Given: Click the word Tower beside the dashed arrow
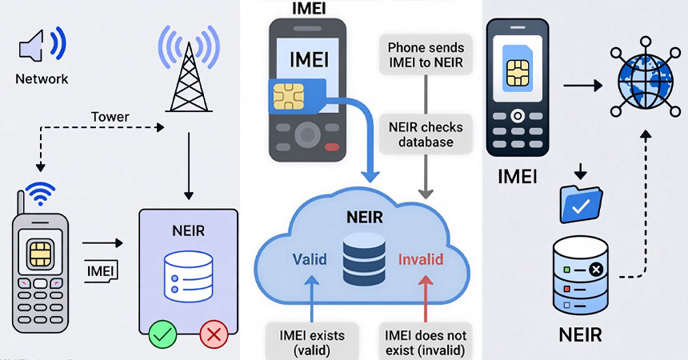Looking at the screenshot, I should tap(110, 117).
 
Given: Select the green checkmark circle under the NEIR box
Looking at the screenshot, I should tap(163, 334).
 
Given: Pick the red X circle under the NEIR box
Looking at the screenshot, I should tap(214, 334).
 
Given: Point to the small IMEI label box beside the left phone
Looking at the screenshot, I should tap(102, 272).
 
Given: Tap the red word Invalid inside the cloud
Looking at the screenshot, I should tap(420, 259).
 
